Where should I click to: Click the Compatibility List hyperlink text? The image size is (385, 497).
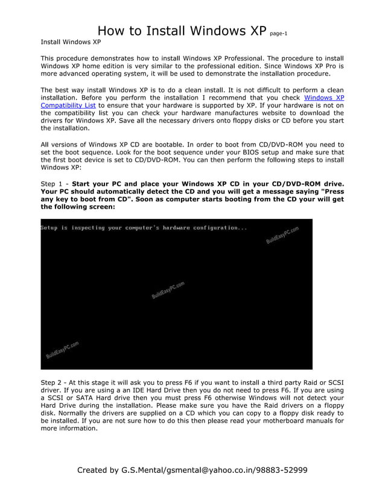click(68, 105)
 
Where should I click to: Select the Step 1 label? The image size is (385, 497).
click(53, 183)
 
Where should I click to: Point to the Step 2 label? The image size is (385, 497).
click(53, 382)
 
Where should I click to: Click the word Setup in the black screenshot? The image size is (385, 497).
click(51, 228)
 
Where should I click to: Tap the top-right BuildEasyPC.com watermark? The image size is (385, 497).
click(282, 235)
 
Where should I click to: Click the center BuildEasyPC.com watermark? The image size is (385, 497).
click(168, 291)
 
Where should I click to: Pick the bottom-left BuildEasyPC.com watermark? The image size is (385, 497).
click(63, 350)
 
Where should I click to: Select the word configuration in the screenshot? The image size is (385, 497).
click(216, 228)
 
